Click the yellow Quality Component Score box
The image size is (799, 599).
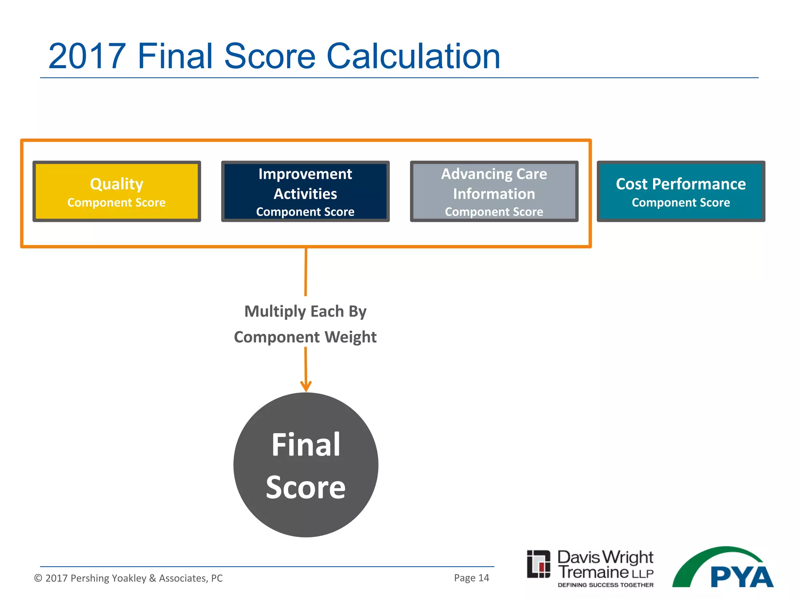(x=117, y=191)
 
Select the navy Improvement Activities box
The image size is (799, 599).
(x=305, y=191)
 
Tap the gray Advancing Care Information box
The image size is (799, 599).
(x=494, y=191)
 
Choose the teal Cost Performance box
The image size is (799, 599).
(x=681, y=191)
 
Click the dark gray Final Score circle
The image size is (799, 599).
(x=306, y=465)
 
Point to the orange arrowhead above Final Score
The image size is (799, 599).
(x=306, y=386)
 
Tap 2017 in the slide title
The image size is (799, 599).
(x=87, y=57)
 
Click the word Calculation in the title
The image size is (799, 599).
(x=413, y=57)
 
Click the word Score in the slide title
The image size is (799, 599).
(x=270, y=57)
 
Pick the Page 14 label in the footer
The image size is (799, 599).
(x=471, y=578)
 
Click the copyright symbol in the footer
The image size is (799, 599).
(x=38, y=578)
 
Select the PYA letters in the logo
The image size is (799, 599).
(x=741, y=577)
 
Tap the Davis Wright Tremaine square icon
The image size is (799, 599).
(x=538, y=564)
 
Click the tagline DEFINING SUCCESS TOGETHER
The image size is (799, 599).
(x=605, y=585)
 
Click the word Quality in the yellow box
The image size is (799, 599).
(x=117, y=184)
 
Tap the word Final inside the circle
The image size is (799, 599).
(x=306, y=445)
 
